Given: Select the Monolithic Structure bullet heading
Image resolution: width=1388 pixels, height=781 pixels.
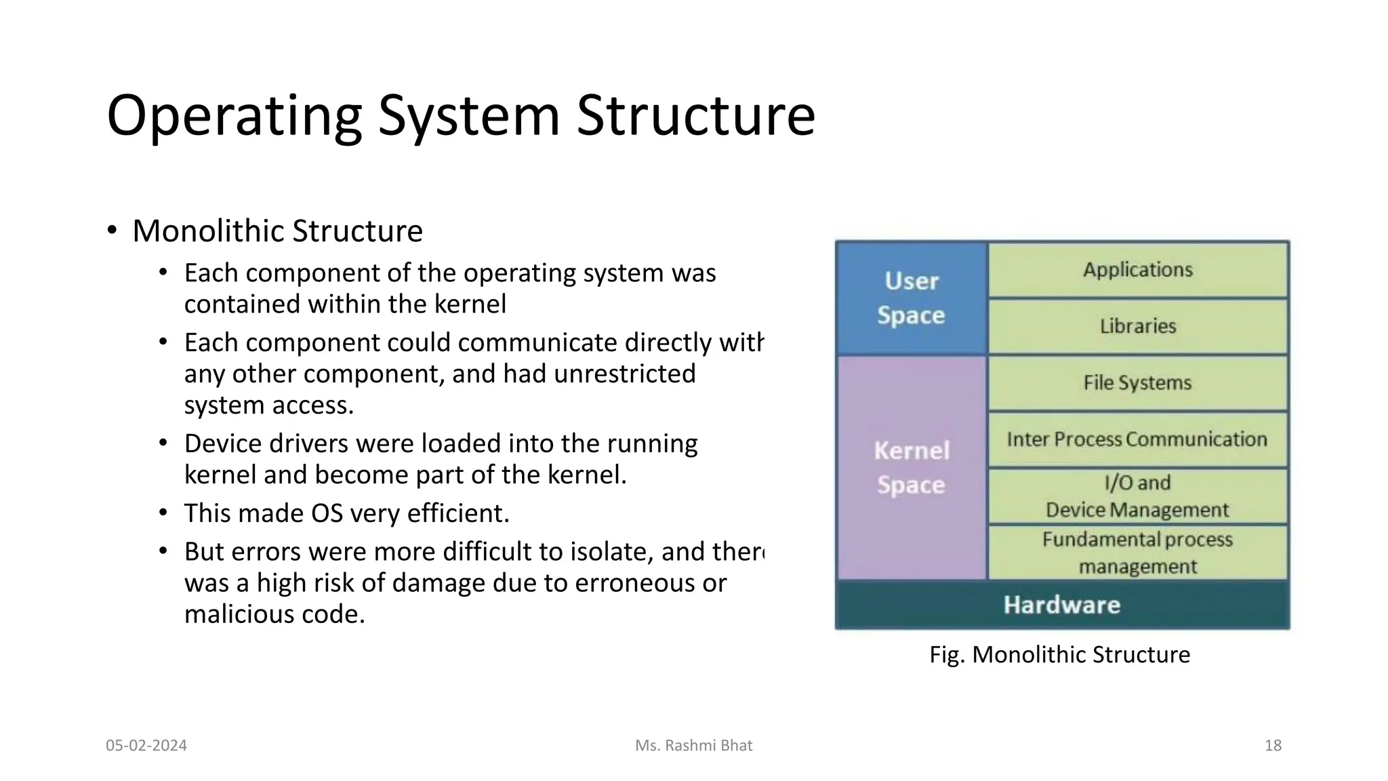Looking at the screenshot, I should tap(277, 231).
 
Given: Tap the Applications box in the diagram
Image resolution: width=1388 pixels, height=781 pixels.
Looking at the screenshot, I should tap(1137, 270).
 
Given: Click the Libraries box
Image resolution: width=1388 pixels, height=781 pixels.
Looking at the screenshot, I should tap(1137, 326).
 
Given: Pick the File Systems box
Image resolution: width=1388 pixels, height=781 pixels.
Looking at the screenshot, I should tap(1137, 383).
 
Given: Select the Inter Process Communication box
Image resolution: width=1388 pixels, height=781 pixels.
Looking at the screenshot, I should tap(1137, 439).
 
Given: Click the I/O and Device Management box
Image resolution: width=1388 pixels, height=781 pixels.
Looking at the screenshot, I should tap(1137, 496).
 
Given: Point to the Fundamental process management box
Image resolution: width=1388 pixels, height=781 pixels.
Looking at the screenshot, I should tap(1137, 553).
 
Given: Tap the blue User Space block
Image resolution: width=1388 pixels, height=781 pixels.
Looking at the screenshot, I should tap(911, 298).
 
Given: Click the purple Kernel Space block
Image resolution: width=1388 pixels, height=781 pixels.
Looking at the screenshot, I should tap(911, 468).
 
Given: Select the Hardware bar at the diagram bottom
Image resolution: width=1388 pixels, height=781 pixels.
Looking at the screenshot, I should tap(1061, 605).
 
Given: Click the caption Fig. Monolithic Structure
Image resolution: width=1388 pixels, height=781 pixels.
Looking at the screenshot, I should tap(1059, 655).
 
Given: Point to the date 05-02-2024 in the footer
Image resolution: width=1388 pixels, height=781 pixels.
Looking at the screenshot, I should tap(146, 746).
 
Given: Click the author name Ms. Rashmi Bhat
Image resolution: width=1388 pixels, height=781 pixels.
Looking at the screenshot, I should tap(693, 746).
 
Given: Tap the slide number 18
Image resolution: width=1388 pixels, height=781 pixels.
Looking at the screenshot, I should tap(1273, 746).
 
